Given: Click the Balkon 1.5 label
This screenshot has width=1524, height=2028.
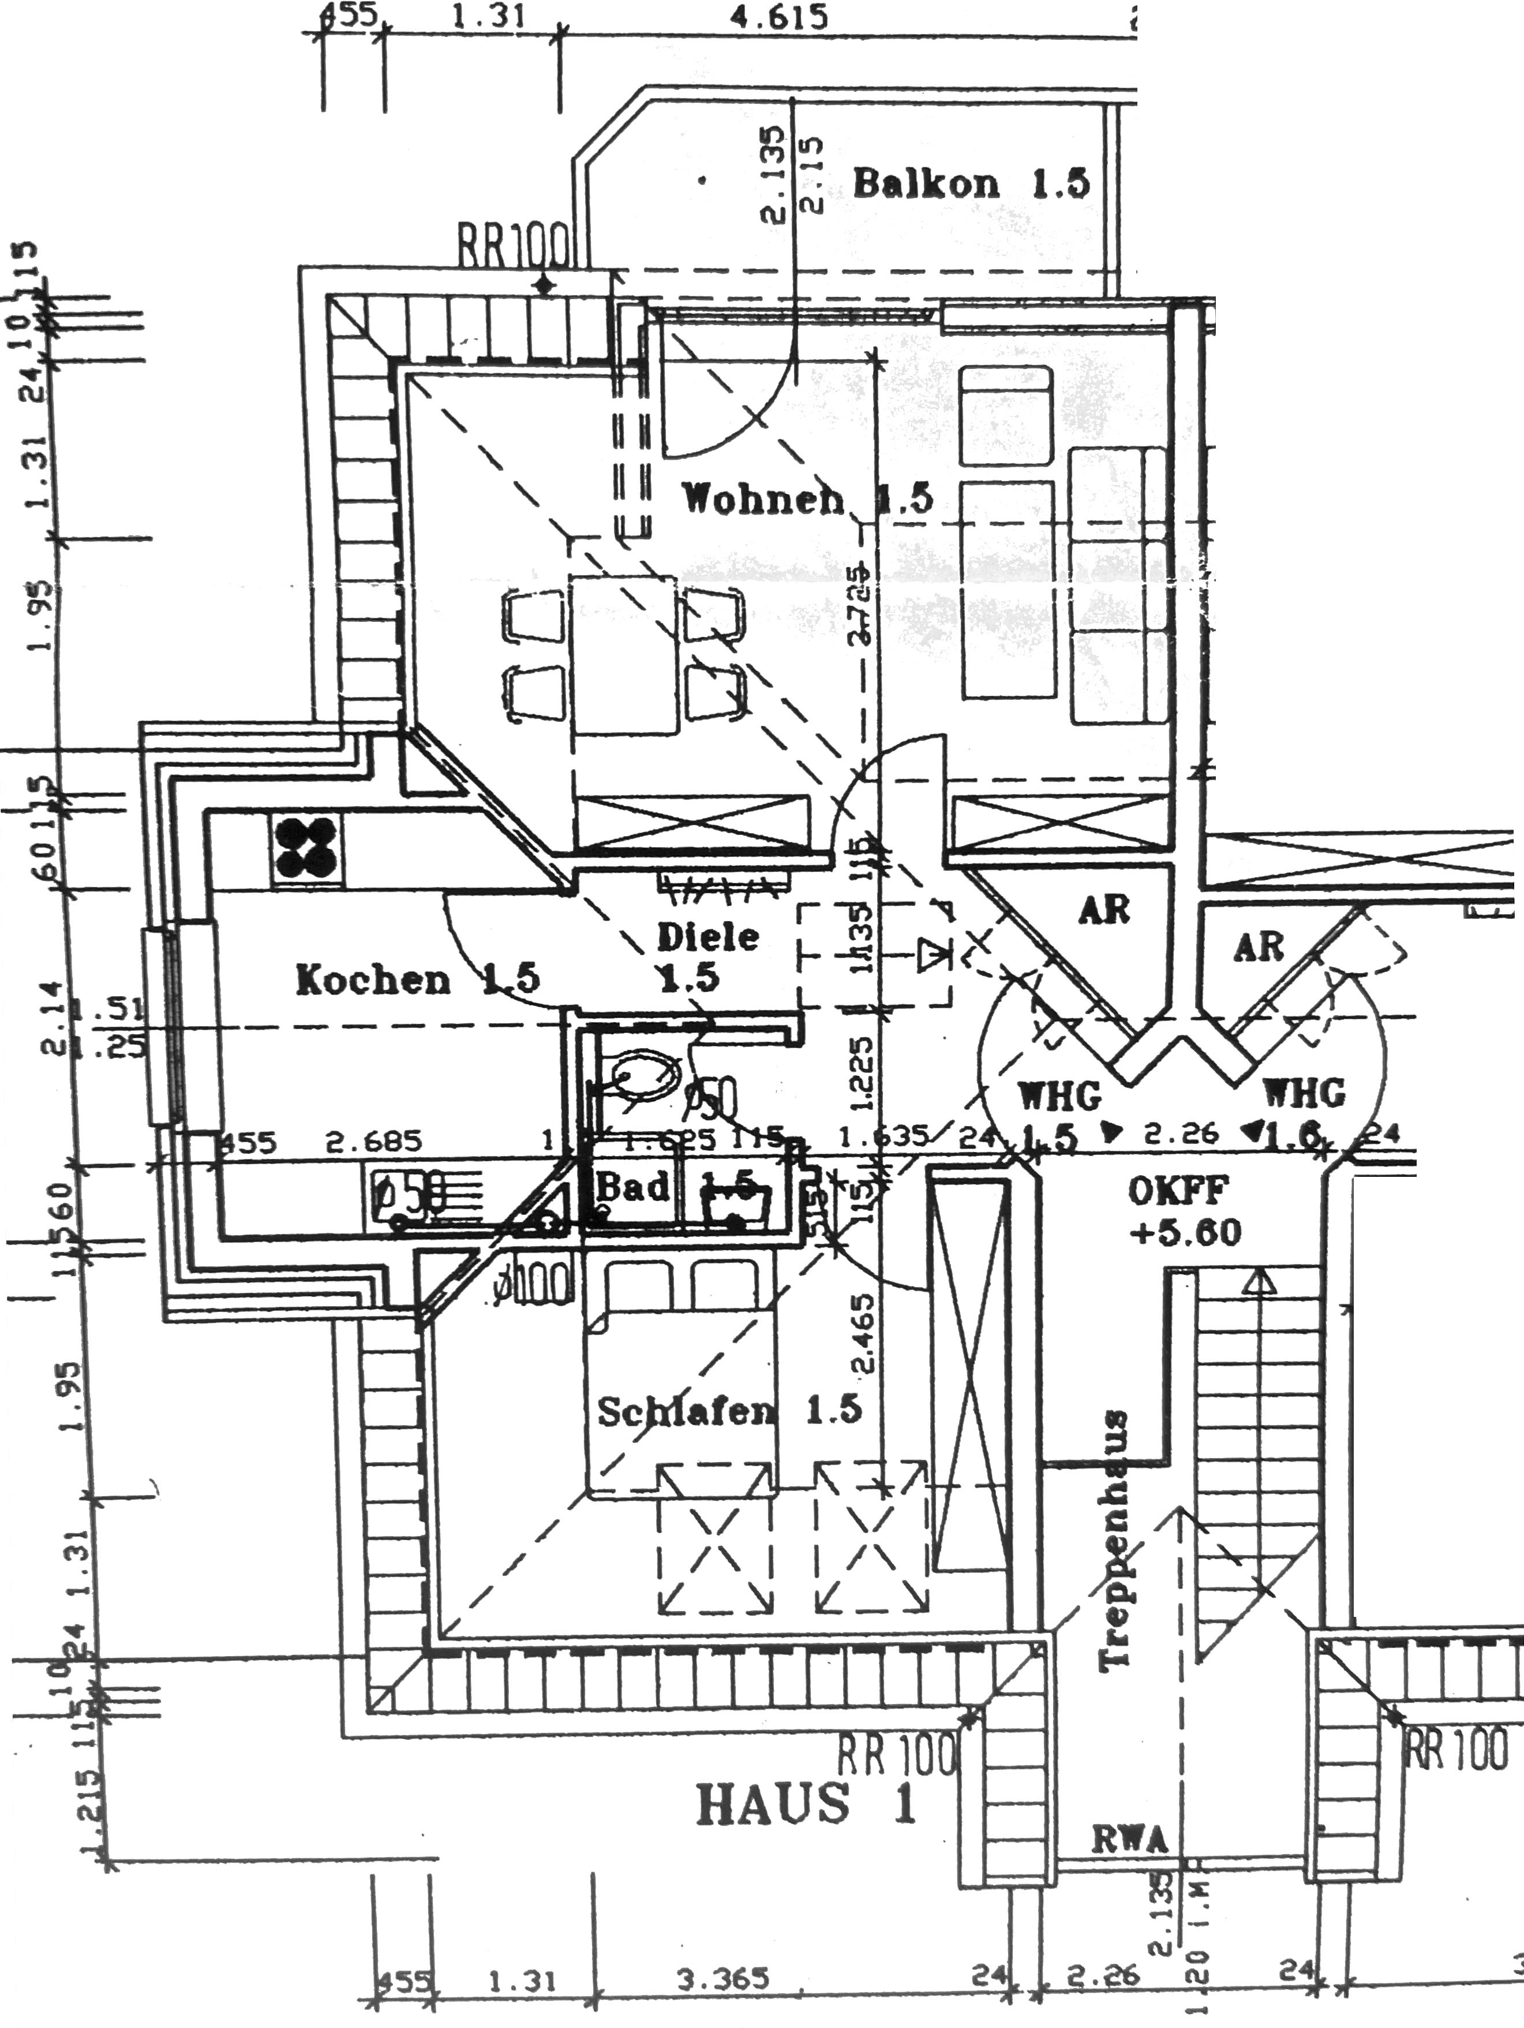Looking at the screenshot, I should point(971,184).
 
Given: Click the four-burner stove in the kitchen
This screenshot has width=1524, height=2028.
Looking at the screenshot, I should point(306,848).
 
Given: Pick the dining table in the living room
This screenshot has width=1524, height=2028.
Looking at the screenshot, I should point(623,654).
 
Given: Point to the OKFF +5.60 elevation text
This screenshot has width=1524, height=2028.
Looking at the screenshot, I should point(1184,1212).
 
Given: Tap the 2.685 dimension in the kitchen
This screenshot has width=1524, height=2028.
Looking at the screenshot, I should point(374,1142).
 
